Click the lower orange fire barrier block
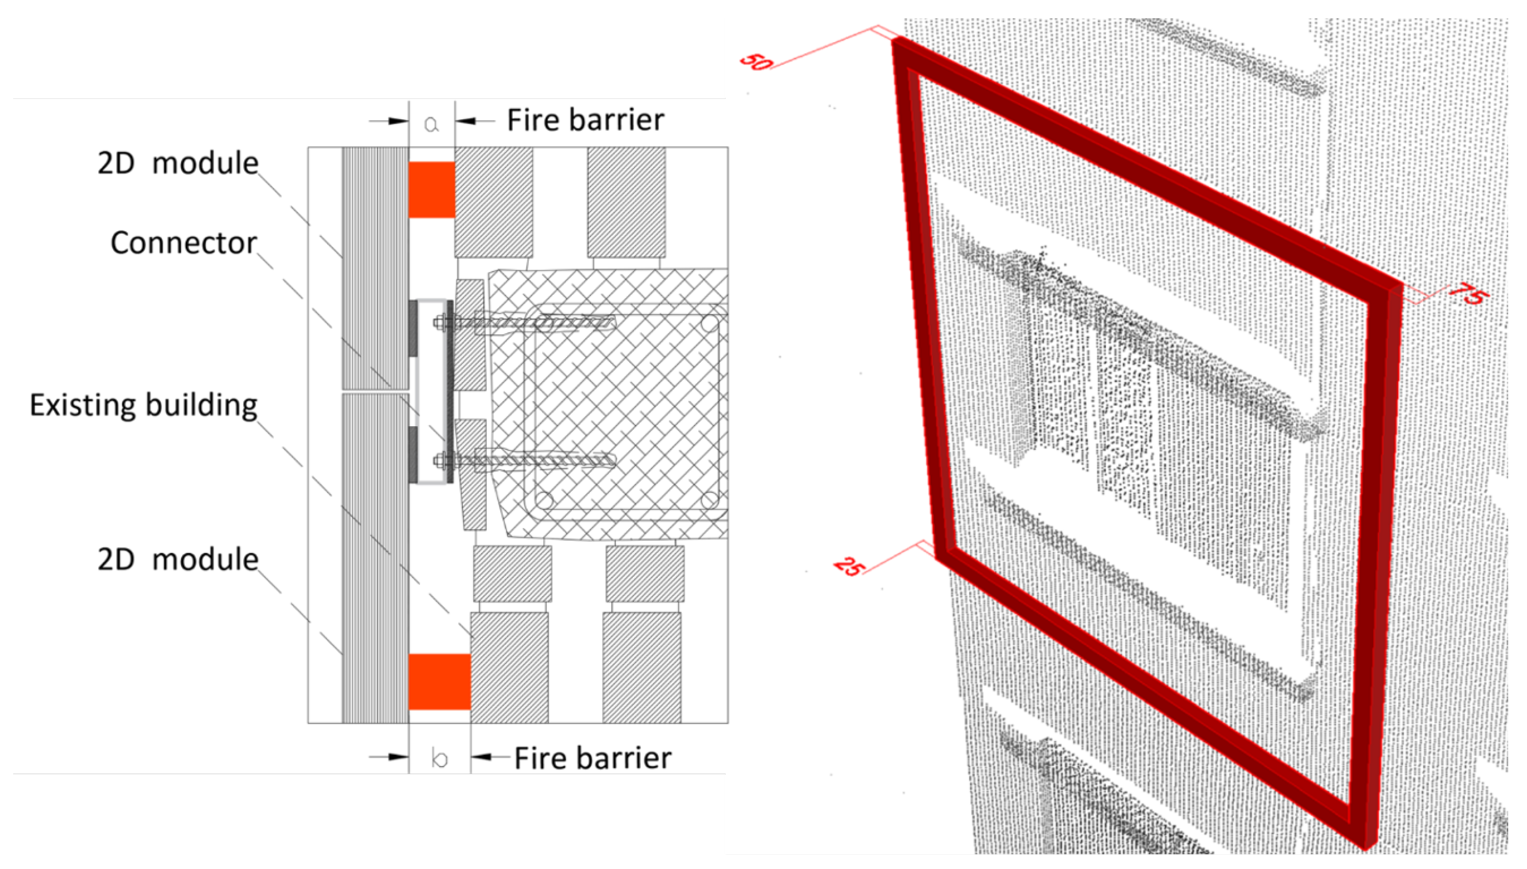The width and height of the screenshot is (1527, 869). click(440, 682)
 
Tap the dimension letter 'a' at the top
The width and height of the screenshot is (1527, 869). click(431, 124)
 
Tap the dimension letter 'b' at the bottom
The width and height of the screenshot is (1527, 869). click(440, 758)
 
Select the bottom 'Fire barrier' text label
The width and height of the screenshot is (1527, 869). click(593, 758)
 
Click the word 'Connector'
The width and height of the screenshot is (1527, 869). click(184, 243)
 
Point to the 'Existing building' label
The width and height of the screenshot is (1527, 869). click(144, 405)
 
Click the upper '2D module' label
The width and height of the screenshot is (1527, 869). click(177, 163)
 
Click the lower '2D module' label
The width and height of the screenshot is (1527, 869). click(177, 559)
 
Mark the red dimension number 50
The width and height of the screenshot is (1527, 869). click(756, 61)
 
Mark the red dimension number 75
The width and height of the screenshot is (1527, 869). click(1469, 294)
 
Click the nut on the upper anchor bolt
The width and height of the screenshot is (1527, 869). click(441, 323)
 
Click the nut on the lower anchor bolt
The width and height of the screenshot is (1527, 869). click(441, 461)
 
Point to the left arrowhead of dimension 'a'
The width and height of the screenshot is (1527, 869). click(399, 121)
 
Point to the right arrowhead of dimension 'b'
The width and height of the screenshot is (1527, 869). click(481, 757)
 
